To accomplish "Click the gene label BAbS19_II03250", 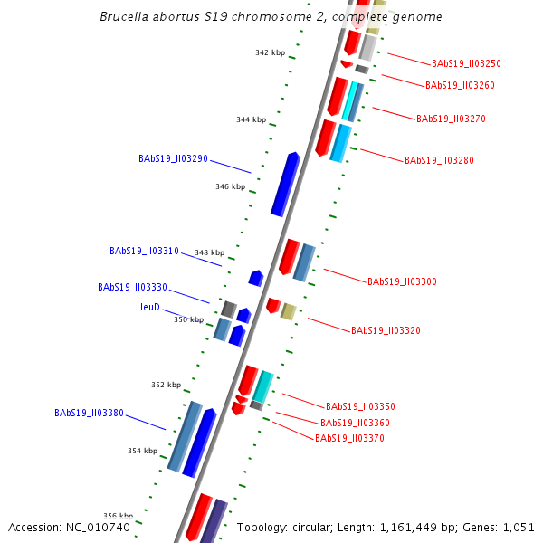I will click(466, 64).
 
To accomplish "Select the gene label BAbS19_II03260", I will click(460, 85).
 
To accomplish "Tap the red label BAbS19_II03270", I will click(451, 119).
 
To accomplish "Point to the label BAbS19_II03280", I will click(439, 160).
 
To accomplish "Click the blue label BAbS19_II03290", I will click(173, 158).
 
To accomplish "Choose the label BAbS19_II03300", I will click(402, 281).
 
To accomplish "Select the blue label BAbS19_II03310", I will click(144, 251).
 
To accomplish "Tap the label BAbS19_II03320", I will click(386, 330).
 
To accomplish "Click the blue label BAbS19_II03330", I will click(132, 287).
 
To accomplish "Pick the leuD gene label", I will click(150, 307).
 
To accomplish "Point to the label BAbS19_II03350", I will click(360, 406).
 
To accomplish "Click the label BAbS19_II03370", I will click(349, 438).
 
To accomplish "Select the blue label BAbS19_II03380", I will click(89, 413).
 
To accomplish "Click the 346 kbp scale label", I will click(230, 186).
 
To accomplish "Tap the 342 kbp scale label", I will click(270, 52).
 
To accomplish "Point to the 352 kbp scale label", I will click(166, 385).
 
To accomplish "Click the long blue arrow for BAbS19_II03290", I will click(285, 185).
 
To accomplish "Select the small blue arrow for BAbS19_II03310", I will click(256, 277).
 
